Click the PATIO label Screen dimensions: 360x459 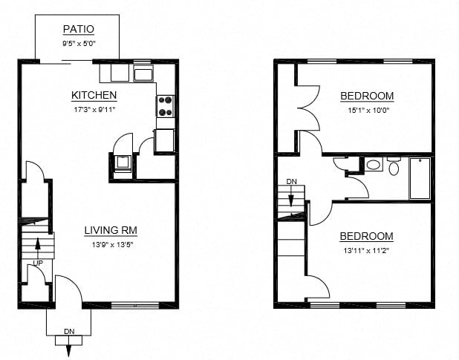78,30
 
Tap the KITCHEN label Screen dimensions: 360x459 94,95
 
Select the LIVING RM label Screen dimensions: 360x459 110,230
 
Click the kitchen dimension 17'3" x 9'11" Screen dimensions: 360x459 94,109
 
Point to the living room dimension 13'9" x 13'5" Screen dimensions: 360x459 110,244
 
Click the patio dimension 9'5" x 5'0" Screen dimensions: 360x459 78,43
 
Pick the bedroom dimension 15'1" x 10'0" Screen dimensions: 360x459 367,110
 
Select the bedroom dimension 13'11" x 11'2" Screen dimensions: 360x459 367,251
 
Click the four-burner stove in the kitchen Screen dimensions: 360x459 166,107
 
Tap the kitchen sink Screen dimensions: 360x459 143,73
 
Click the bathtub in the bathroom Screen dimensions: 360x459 420,178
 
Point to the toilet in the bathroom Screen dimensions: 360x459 393,167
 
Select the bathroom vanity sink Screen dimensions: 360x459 374,165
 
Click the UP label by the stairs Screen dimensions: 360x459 36,264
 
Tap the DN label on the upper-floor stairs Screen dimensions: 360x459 291,182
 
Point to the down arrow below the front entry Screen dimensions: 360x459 69,345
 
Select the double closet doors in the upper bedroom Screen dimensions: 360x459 308,108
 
